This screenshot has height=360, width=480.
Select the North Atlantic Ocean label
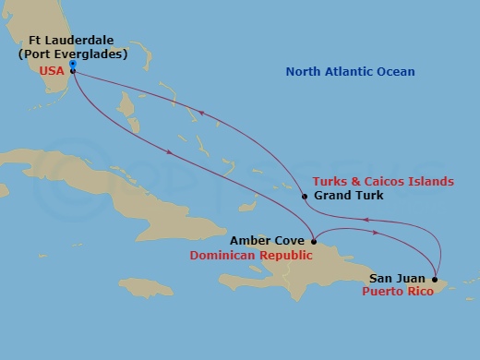click(x=350, y=72)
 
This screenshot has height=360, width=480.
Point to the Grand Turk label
click(x=346, y=196)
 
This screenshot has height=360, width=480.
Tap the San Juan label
click(x=398, y=277)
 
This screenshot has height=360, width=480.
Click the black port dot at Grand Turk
click(x=305, y=196)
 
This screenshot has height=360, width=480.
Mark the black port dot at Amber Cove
click(x=314, y=242)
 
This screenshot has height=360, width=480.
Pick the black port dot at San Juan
click(x=434, y=277)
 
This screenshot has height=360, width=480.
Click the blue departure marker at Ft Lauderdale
click(x=72, y=64)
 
